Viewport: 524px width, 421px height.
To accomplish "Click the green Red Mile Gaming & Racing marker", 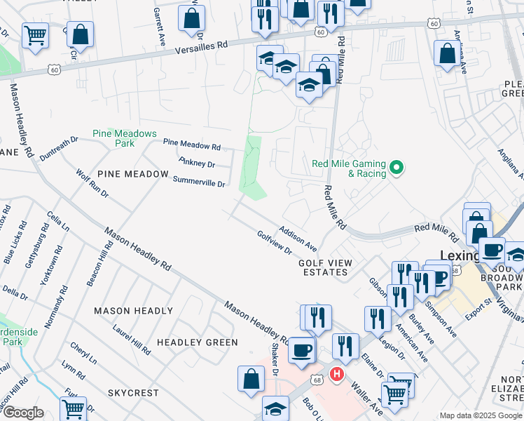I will pos(396,168).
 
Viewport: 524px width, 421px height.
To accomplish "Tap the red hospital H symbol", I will pos(337,375).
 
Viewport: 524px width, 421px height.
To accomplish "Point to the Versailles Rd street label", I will pos(202,44).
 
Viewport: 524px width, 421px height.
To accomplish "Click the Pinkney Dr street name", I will pos(196,163).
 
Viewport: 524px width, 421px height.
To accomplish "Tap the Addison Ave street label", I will pos(298,239).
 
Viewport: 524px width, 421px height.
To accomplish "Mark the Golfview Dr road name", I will pos(274,243).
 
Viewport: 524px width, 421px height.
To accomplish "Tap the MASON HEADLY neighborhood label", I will pos(133,311).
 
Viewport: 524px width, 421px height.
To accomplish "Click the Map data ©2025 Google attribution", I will pos(480,415).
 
